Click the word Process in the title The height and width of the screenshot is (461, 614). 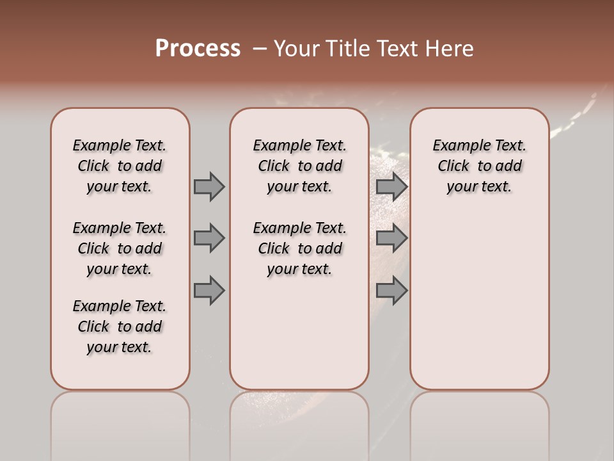198,49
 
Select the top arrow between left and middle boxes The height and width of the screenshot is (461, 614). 209,186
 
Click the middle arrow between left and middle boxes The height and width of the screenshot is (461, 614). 209,238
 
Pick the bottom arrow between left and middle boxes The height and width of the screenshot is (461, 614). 209,291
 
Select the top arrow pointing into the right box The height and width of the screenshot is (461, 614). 391,186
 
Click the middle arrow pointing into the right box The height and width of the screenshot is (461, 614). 391,238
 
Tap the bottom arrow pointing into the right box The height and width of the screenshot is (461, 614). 391,291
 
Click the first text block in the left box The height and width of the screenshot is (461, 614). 120,166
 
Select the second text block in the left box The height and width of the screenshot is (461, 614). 120,248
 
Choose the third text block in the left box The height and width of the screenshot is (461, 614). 120,327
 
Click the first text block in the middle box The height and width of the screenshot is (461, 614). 299,166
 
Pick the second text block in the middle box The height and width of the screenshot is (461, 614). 299,248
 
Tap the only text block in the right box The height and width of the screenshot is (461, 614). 479,166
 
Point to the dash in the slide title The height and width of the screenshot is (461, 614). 260,49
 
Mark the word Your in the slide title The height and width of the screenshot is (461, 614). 295,49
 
